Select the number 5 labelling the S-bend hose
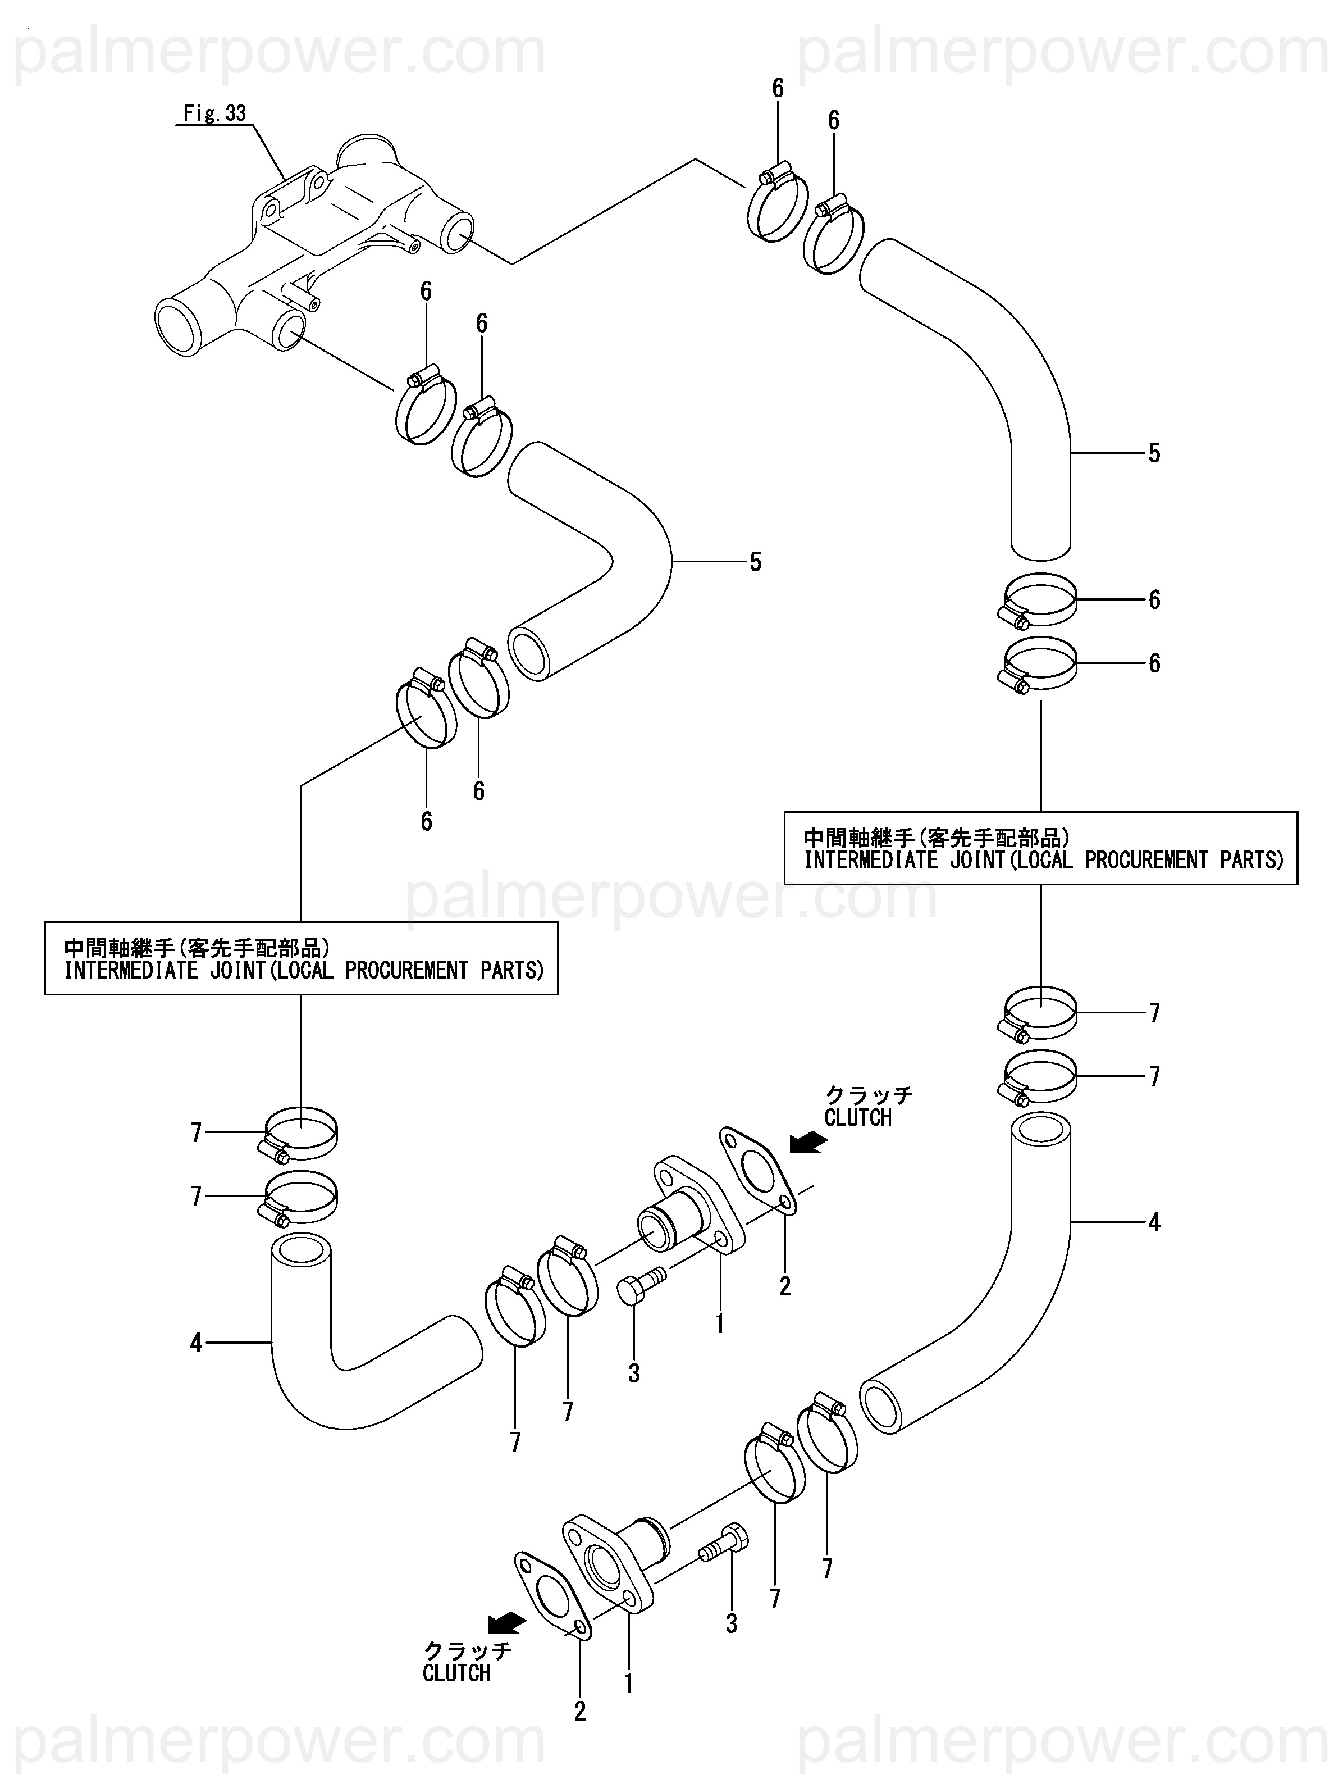[x=755, y=562]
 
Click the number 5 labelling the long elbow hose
[x=1154, y=453]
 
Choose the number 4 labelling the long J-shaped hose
[x=1154, y=1222]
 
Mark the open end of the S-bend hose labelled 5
[x=529, y=654]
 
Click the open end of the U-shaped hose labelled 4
[x=302, y=1251]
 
